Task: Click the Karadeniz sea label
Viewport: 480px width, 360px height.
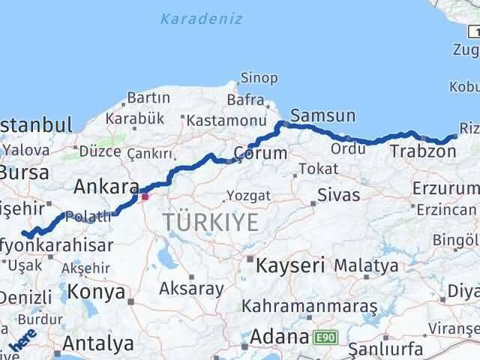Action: click(x=201, y=19)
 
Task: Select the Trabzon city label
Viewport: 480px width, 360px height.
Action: click(x=422, y=152)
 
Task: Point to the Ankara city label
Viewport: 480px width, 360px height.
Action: click(x=106, y=187)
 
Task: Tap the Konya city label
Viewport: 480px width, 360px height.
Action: click(x=96, y=292)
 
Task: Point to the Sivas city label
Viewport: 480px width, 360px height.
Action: click(x=338, y=195)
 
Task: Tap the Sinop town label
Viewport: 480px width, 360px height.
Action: click(x=259, y=78)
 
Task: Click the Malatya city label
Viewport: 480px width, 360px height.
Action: click(x=366, y=265)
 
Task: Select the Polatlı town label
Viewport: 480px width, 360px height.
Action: click(x=88, y=216)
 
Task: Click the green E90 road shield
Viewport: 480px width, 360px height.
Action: click(x=324, y=337)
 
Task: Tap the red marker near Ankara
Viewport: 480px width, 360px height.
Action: click(x=145, y=197)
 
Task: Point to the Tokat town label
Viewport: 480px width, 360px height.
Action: click(x=313, y=169)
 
